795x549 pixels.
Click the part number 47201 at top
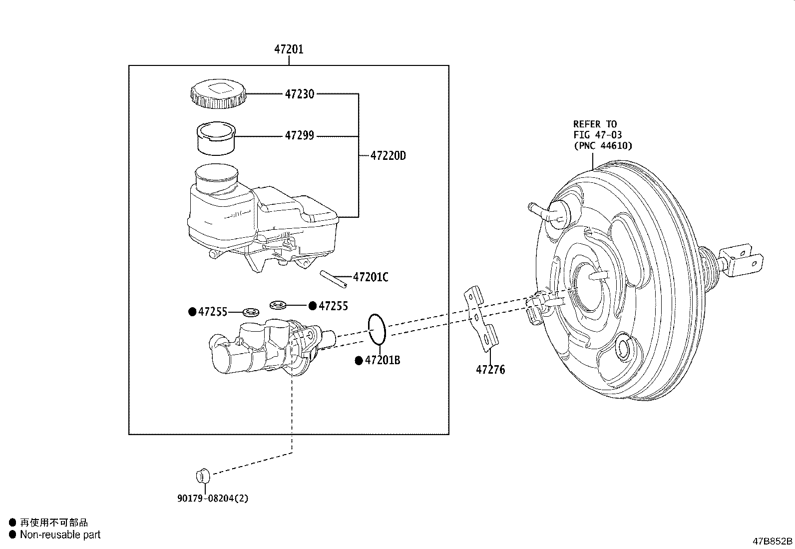click(289, 49)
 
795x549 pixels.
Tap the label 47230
click(300, 94)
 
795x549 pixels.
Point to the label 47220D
click(388, 156)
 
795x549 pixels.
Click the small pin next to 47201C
click(331, 278)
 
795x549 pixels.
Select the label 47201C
click(370, 277)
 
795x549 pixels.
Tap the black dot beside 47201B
click(358, 361)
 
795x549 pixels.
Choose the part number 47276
click(490, 370)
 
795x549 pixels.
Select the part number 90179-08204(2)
click(212, 498)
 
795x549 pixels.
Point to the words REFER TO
click(595, 124)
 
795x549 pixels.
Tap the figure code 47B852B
click(773, 541)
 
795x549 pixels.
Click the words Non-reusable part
click(60, 535)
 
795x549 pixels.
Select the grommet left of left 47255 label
click(251, 312)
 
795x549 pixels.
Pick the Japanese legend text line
click(53, 523)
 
